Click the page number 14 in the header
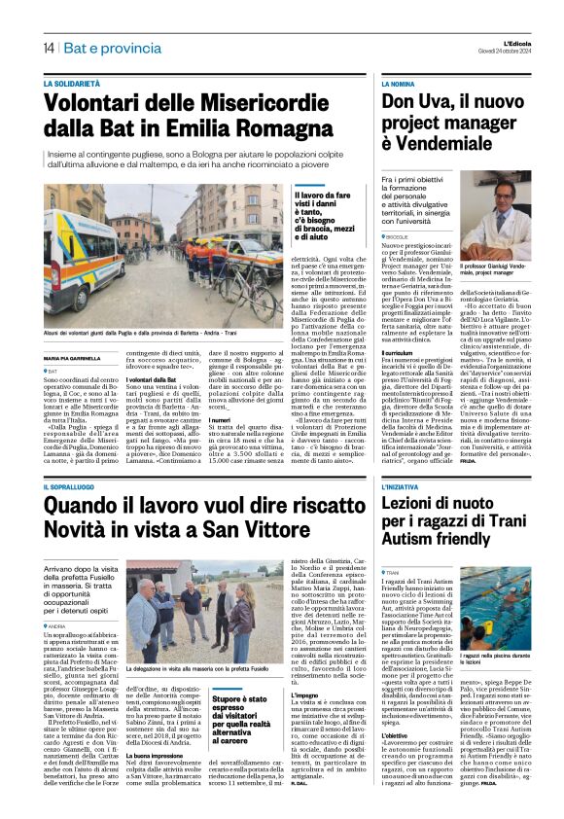48,49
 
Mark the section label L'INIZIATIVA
432,485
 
